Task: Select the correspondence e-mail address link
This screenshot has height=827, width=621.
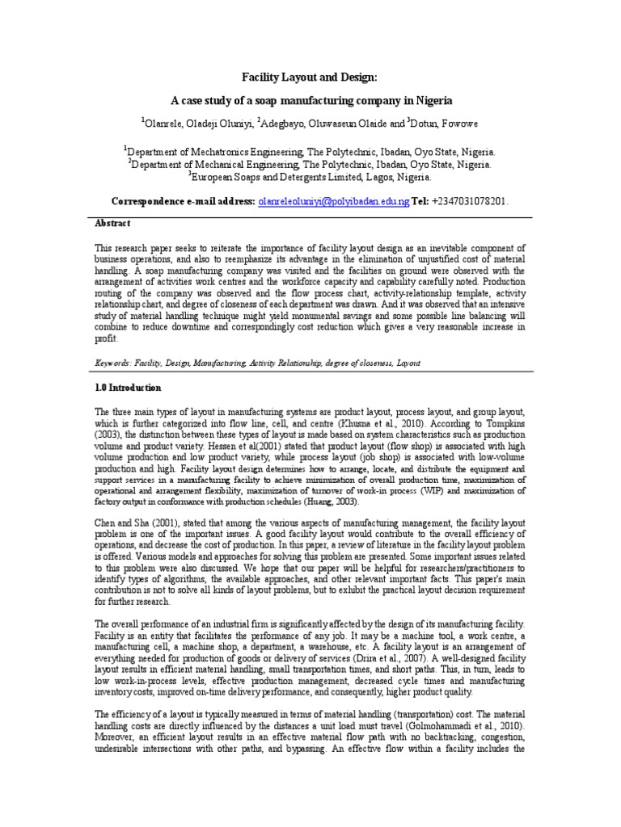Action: [333, 200]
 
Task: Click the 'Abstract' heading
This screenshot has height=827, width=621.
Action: [112, 223]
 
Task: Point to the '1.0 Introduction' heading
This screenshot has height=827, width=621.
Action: [129, 388]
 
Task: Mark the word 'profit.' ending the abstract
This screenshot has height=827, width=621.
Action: [108, 338]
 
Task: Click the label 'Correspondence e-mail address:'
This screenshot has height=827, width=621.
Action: [183, 200]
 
